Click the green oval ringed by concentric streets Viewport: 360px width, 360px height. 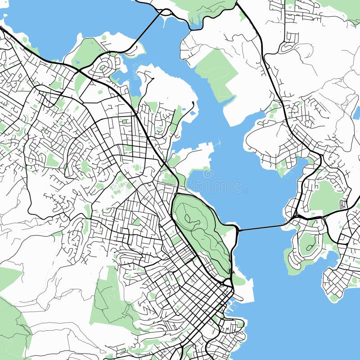pyautogui.click(x=103, y=67)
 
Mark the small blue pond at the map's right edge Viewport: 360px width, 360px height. pyautogui.click(x=357, y=112)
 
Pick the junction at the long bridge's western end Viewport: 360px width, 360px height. pyautogui.click(x=236, y=230)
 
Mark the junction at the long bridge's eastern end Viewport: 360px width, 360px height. pyautogui.click(x=292, y=219)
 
